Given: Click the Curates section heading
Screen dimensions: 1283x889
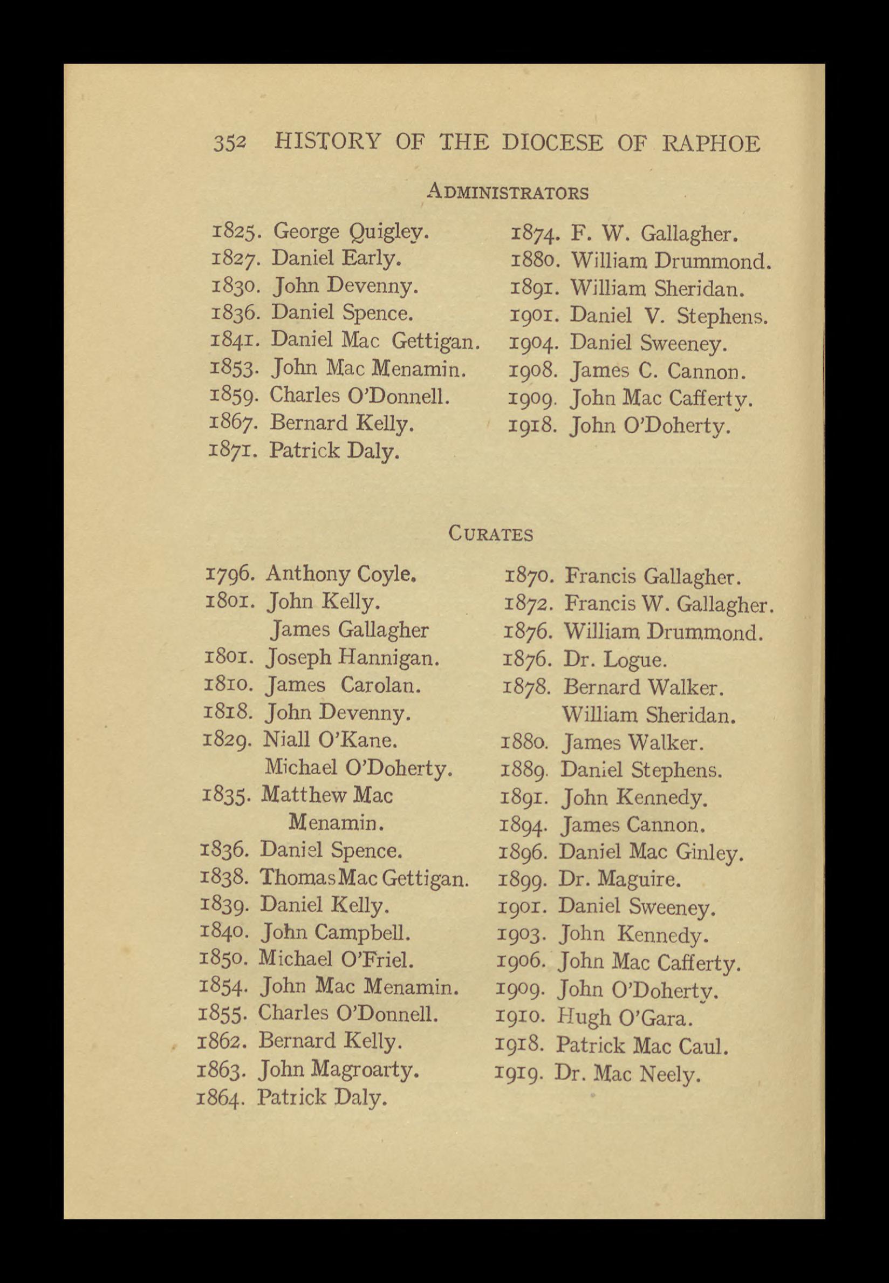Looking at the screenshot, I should tap(491, 534).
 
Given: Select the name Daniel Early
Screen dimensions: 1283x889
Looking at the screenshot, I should tap(337, 258).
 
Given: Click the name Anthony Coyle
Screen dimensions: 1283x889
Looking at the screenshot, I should tap(341, 574).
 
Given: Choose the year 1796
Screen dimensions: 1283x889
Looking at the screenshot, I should tap(230, 574).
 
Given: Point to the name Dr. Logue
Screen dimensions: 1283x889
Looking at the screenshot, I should tap(614, 660).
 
